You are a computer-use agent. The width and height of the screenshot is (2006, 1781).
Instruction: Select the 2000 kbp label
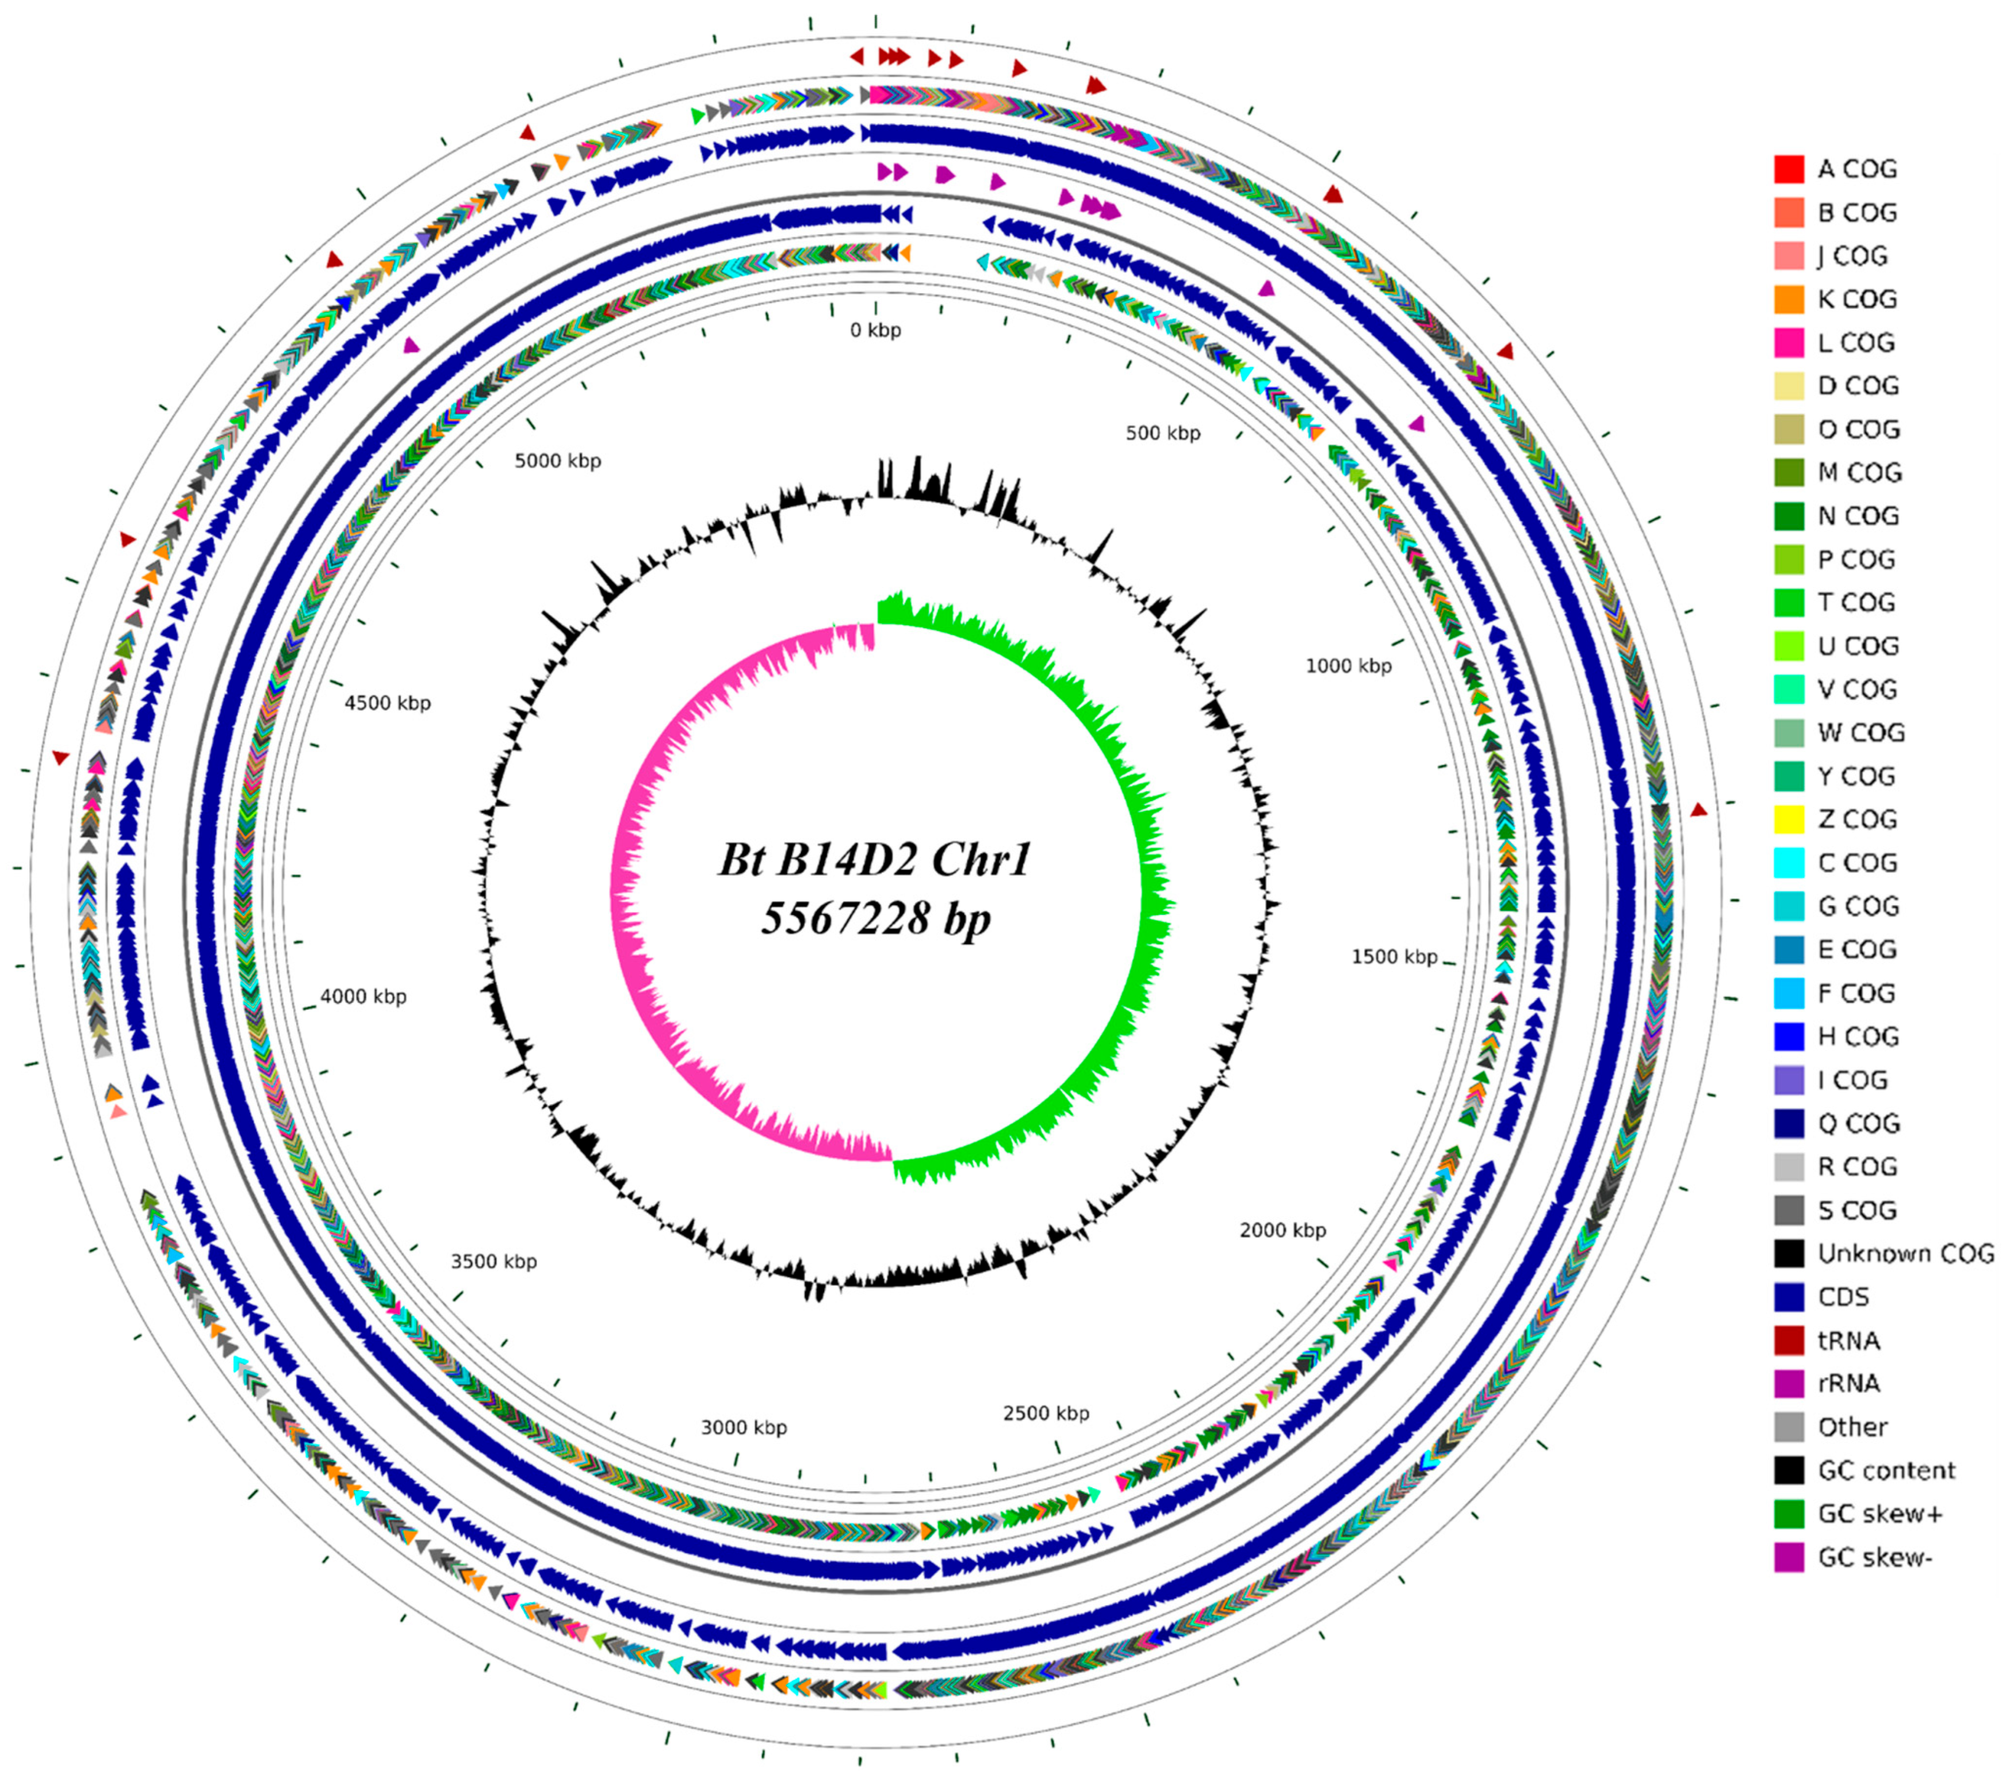coord(1282,1231)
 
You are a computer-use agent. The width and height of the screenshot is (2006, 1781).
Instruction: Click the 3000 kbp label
coord(743,1428)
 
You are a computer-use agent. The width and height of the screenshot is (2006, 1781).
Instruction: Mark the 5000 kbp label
coord(557,461)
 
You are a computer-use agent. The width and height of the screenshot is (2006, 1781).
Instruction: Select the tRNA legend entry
coord(1848,1340)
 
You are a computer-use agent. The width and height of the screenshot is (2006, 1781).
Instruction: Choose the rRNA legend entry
coord(1848,1384)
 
